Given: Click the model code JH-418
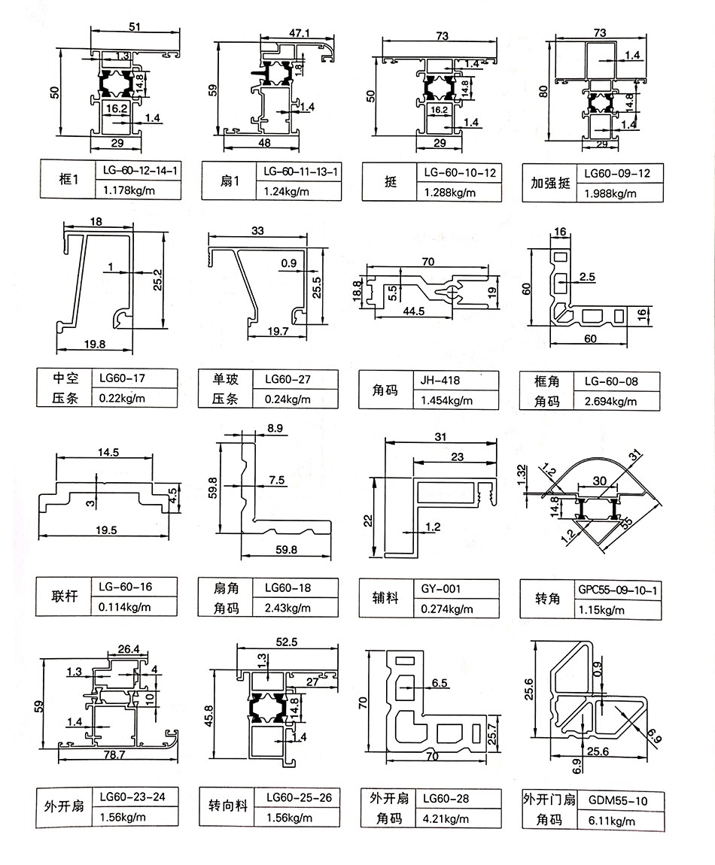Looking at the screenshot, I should click(440, 381).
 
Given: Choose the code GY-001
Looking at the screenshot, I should click(441, 589).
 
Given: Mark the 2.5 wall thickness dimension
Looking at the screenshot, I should click(588, 278).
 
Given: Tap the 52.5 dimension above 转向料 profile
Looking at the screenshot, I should click(287, 642).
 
